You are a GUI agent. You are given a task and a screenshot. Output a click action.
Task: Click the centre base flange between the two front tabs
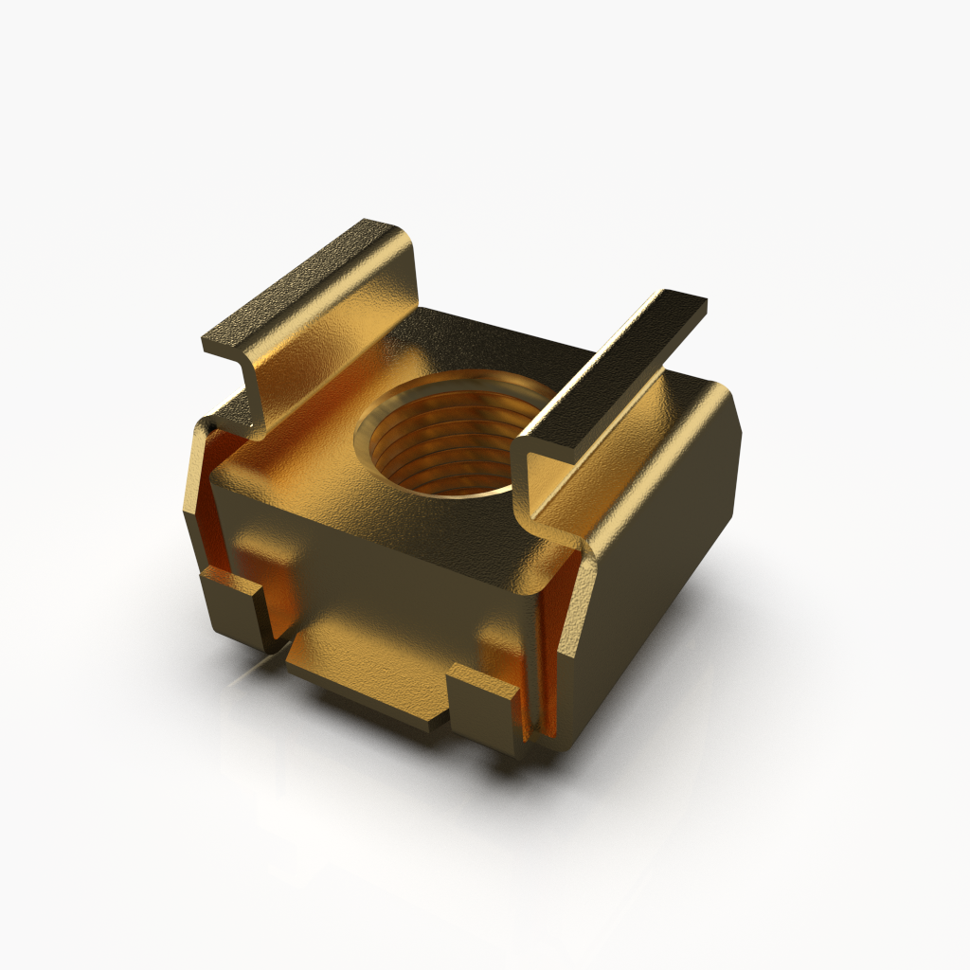coord(369,668)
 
